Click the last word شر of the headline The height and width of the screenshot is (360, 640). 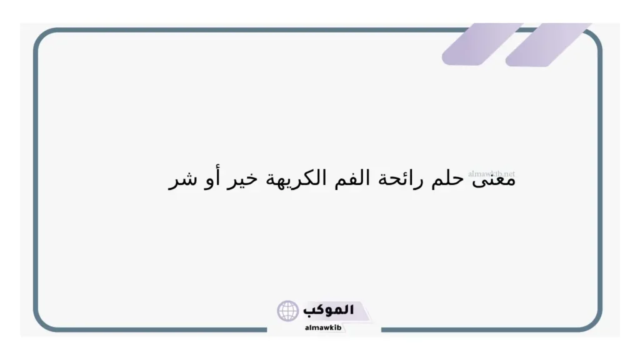click(x=182, y=180)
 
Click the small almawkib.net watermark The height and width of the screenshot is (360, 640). click(x=491, y=173)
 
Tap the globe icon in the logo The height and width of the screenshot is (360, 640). click(x=288, y=311)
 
